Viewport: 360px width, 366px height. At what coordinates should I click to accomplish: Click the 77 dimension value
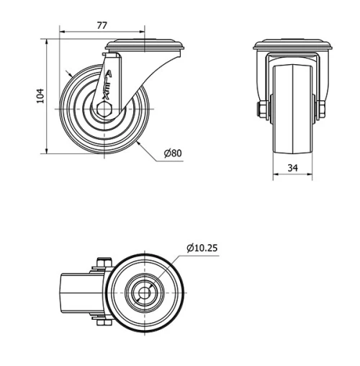point(102,25)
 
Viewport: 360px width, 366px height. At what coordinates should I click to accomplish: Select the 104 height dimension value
point(40,96)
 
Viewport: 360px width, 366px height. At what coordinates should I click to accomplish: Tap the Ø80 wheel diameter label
point(173,153)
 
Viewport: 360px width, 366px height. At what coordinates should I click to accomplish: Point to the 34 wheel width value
point(292,168)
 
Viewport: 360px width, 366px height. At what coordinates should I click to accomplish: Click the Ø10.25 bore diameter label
point(202,248)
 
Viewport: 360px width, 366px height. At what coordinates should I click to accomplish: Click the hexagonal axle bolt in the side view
point(104,109)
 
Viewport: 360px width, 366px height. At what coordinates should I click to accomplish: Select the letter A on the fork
point(109,73)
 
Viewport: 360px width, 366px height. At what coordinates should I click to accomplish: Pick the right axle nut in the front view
point(322,110)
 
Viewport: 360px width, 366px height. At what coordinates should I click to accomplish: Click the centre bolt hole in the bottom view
point(145,293)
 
